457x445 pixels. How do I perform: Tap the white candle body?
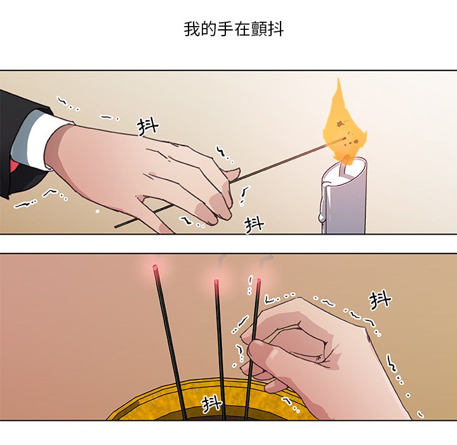click(345, 198)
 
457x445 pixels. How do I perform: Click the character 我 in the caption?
click(192, 29)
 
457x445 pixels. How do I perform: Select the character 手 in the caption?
click(225, 29)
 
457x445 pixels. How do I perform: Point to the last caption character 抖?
click(275, 29)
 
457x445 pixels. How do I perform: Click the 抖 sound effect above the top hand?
click(148, 127)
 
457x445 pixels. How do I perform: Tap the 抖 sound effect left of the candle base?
click(254, 224)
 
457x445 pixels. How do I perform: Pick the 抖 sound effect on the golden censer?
click(212, 404)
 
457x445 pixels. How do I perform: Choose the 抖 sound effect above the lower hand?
click(380, 300)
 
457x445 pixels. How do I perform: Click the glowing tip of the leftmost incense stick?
click(155, 267)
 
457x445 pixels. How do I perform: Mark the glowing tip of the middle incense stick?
click(216, 282)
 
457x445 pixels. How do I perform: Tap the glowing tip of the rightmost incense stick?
click(259, 281)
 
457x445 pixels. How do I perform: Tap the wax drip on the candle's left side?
click(323, 205)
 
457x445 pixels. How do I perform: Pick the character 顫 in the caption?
click(258, 29)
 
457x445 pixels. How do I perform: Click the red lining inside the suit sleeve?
click(14, 167)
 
